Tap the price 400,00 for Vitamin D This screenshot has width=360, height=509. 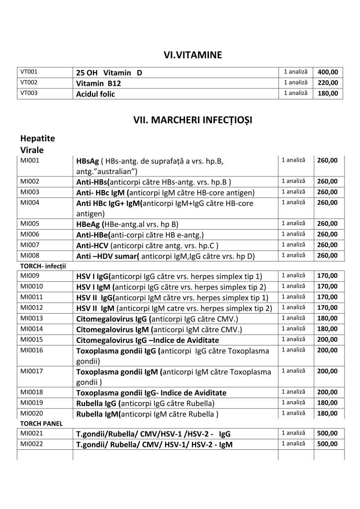click(x=329, y=72)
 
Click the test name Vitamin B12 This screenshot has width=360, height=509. click(x=98, y=84)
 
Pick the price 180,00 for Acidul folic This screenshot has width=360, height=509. click(x=329, y=93)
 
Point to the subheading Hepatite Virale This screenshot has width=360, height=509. click(x=38, y=144)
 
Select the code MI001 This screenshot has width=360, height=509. click(x=28, y=160)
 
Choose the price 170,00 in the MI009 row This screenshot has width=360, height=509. click(x=329, y=275)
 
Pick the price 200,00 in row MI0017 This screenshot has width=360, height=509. click(x=329, y=371)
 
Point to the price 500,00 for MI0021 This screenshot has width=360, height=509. click(x=329, y=433)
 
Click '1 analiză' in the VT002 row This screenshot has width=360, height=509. click(x=295, y=83)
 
